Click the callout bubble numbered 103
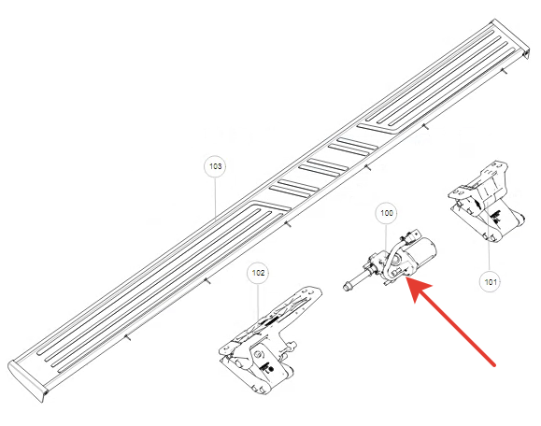[215, 166]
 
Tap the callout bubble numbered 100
[387, 213]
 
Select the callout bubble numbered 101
[491, 282]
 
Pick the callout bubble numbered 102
[258, 273]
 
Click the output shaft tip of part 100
[347, 286]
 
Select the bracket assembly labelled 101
[487, 201]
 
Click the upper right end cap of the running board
[511, 37]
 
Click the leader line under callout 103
[215, 198]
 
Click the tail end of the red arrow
[494, 364]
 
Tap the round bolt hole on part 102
[258, 355]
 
